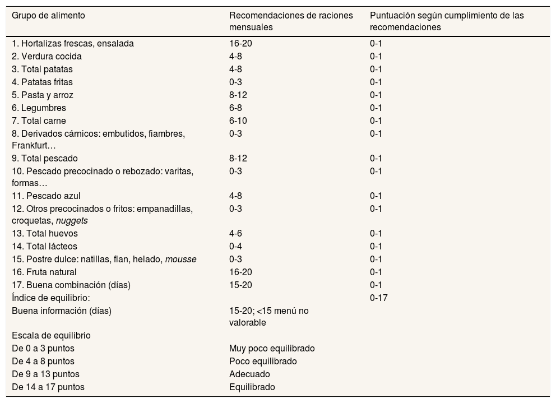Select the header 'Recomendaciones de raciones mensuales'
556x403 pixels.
point(291,21)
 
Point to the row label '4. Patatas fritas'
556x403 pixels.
point(45,82)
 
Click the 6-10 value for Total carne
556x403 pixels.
point(238,121)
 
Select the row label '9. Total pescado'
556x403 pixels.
point(45,158)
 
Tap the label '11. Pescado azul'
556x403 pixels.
point(46,196)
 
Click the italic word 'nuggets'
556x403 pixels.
point(72,220)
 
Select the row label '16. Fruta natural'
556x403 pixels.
point(44,272)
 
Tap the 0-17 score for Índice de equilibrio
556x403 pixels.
point(378,298)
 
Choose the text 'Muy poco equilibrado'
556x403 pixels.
point(272,348)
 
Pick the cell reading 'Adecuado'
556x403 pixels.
point(249,374)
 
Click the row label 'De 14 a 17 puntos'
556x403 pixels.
point(48,387)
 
